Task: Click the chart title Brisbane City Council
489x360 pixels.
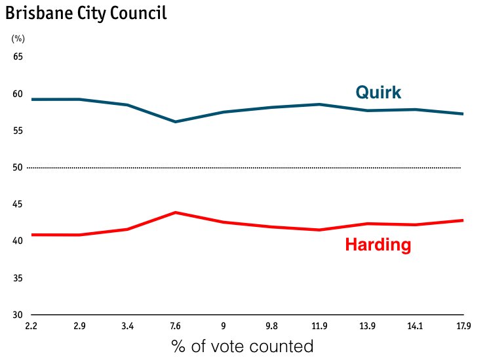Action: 86,12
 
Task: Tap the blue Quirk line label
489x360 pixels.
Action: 378,92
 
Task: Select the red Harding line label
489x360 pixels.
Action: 378,245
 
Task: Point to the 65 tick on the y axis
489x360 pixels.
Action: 18,57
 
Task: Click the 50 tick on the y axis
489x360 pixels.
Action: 18,168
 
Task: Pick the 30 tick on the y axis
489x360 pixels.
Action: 18,315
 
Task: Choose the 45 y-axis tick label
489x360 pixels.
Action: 18,205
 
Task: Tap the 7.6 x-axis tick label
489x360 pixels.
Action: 176,325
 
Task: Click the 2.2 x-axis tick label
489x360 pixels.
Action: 30,325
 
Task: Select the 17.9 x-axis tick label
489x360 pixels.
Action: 464,325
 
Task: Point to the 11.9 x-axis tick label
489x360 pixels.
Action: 320,325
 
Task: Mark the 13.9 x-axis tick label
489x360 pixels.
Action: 368,325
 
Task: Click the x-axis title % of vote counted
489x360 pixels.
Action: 243,346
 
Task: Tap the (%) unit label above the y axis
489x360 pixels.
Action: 18,39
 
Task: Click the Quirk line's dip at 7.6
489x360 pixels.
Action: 176,122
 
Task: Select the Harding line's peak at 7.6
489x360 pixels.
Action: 176,212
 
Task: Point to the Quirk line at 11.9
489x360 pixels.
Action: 320,104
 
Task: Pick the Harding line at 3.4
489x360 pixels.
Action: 127,229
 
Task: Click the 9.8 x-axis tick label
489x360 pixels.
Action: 272,325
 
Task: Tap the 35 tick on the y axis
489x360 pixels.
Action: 18,278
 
